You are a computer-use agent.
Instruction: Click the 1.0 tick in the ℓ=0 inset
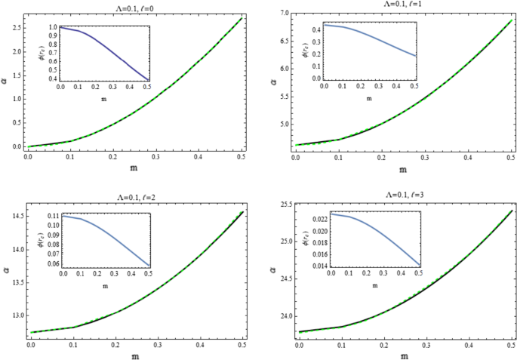(51, 27)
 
